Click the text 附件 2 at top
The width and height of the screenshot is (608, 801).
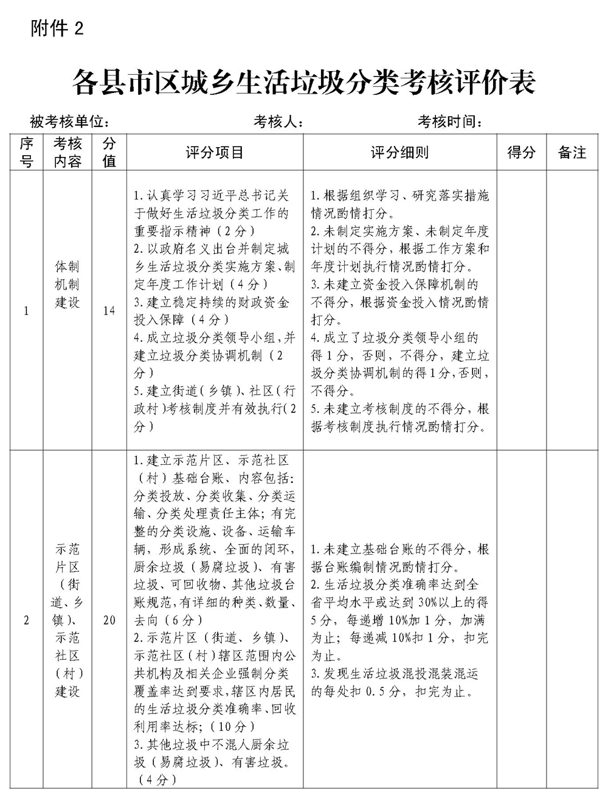point(57,29)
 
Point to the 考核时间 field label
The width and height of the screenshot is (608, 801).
point(450,122)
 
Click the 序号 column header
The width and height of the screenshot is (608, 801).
point(26,152)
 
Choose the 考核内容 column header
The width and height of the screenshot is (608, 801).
point(67,152)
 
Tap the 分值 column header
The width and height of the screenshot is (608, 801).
point(109,152)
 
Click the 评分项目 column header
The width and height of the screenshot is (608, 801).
point(215,152)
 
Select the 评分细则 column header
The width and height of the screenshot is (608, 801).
point(399,152)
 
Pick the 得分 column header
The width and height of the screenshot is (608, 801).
point(521,152)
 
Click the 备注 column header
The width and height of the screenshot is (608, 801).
point(572,152)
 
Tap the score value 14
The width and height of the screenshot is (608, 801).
point(109,311)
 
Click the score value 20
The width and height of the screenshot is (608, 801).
point(109,620)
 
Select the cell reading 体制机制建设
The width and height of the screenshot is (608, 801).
point(67,285)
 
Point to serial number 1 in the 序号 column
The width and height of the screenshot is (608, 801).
point(26,311)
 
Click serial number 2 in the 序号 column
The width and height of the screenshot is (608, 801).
point(26,620)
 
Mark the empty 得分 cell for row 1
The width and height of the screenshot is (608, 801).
point(521,310)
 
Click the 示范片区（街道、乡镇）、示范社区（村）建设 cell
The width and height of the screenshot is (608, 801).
point(67,620)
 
